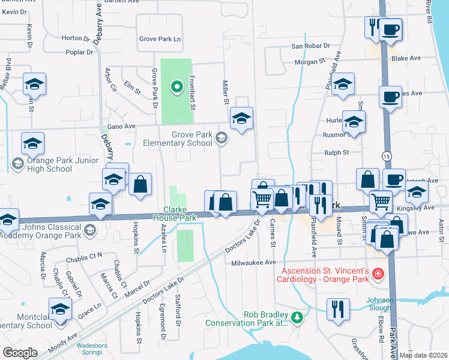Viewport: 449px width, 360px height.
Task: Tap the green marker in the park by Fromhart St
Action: [176, 88]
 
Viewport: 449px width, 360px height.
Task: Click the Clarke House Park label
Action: [179, 214]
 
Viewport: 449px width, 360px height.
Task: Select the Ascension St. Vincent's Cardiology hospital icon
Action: [379, 274]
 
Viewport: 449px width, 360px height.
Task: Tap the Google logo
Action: [20, 353]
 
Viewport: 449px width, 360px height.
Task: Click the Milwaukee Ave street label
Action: [253, 262]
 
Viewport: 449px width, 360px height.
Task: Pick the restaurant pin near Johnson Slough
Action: [339, 309]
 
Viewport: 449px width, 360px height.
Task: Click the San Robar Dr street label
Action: [310, 46]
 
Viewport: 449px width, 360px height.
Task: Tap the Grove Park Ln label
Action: [160, 39]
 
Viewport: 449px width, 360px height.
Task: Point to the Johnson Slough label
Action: [380, 304]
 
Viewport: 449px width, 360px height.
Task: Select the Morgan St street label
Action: [310, 61]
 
